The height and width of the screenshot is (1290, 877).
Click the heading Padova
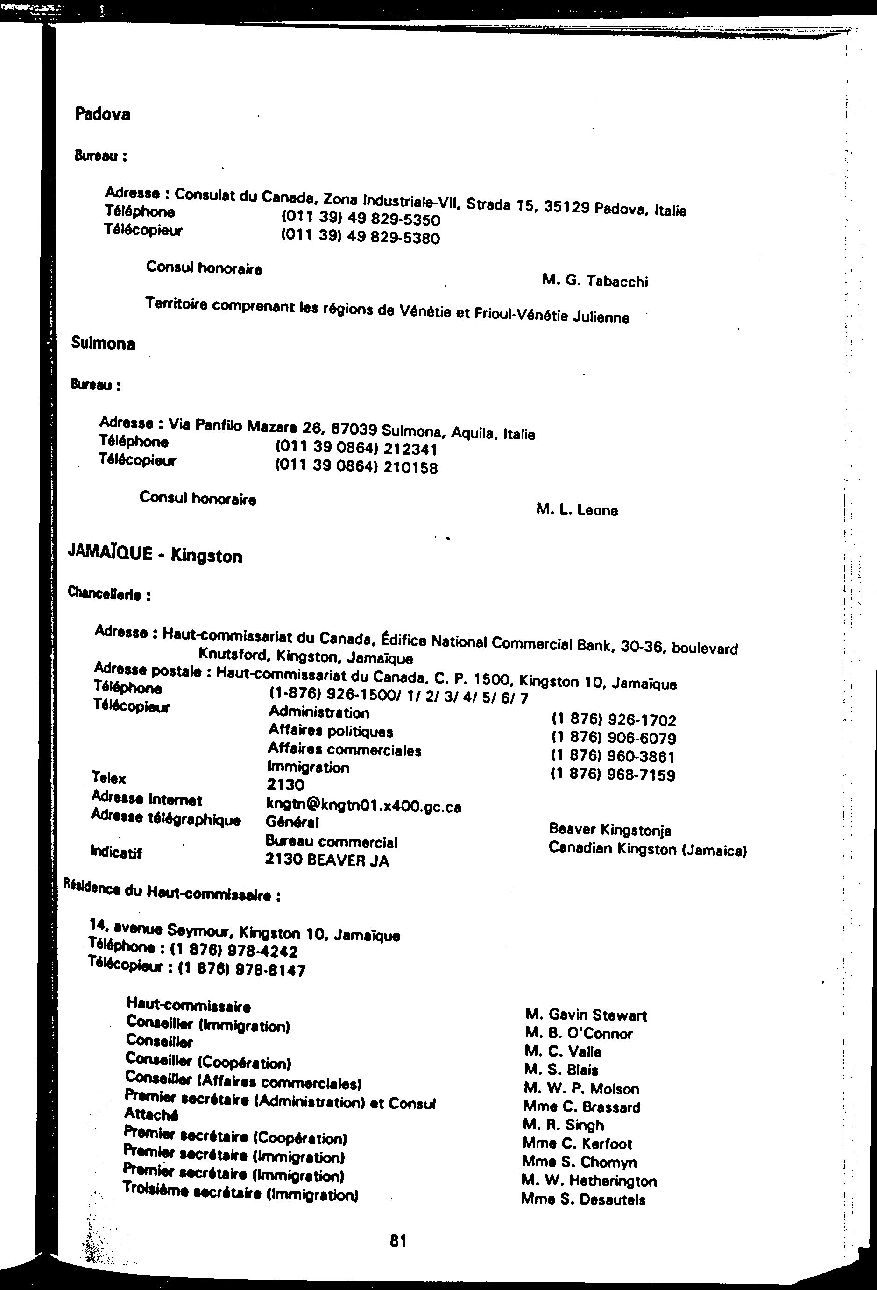click(103, 114)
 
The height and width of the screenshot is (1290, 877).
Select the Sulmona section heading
click(103, 344)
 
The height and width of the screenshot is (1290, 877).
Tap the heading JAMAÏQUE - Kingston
click(155, 555)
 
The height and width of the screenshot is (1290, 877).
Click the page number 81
click(398, 1241)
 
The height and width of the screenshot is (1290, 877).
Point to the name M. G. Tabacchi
click(595, 281)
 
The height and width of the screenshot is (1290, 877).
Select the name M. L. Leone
click(577, 509)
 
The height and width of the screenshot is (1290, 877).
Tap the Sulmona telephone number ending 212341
click(356, 449)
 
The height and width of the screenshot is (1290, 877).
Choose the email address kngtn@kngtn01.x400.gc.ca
click(364, 805)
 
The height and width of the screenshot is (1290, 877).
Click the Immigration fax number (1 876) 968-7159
click(613, 775)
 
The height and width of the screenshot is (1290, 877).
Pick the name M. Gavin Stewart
click(586, 1015)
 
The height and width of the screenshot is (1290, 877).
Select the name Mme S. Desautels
click(583, 1199)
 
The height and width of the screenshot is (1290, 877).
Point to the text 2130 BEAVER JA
click(327, 860)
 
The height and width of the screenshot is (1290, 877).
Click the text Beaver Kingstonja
click(610, 830)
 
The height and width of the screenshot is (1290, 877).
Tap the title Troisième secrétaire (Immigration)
click(240, 1191)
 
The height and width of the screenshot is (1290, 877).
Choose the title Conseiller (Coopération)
click(208, 1061)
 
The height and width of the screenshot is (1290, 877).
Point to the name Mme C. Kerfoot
click(577, 1144)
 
